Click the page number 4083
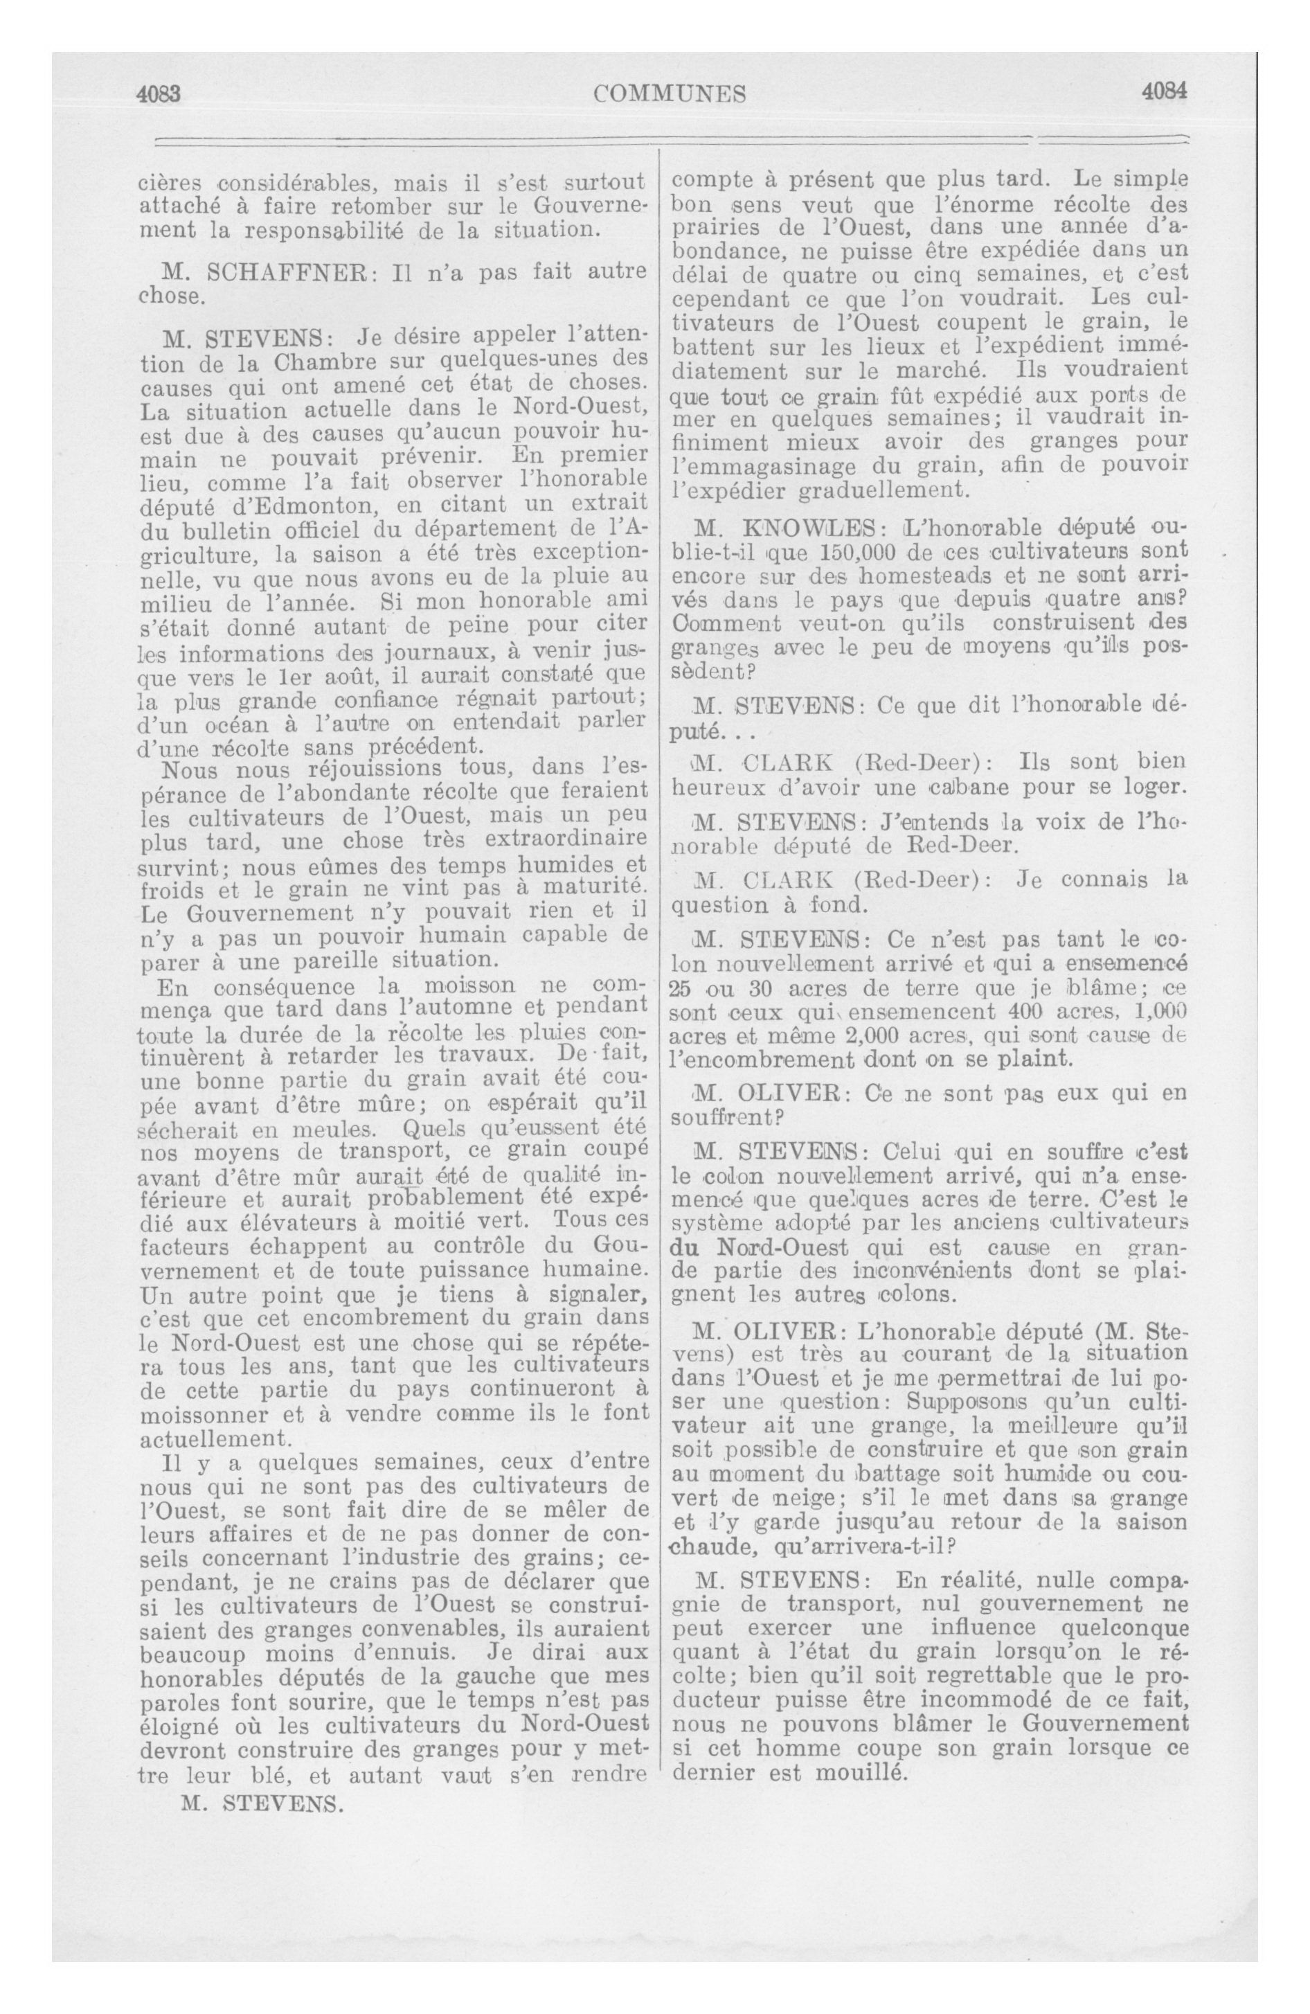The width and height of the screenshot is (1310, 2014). [x=160, y=93]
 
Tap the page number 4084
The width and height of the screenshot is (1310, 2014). [x=1165, y=91]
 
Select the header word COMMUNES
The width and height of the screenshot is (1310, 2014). [x=670, y=93]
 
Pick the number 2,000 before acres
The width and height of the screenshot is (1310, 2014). [x=846, y=1037]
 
